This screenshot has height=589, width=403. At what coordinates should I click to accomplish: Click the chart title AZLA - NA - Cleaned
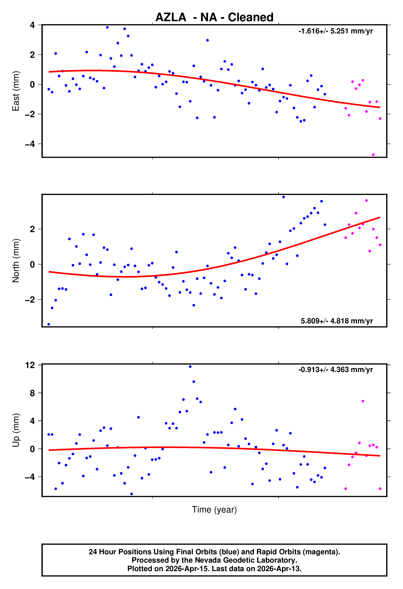point(214,17)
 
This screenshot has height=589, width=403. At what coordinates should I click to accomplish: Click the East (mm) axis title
point(16,91)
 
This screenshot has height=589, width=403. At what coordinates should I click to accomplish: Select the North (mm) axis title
point(16,261)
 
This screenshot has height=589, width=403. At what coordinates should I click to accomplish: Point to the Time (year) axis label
point(214,509)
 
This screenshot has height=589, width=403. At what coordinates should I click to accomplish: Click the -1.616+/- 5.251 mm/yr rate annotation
point(336,31)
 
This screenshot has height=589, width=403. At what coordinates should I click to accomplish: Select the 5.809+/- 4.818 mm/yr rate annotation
point(337,321)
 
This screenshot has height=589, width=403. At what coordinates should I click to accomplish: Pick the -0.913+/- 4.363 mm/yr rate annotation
point(336,370)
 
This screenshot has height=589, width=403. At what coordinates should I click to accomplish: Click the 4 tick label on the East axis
point(32,25)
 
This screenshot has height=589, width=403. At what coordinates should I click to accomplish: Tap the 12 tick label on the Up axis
point(30,365)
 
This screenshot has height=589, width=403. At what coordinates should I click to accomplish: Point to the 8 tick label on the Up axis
point(32,393)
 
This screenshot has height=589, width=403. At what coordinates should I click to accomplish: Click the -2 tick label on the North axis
point(30,299)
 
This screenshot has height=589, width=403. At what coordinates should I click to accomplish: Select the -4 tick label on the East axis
point(30,144)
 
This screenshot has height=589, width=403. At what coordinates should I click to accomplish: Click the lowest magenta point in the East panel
point(373,155)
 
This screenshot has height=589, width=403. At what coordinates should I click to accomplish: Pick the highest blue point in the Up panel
point(190,366)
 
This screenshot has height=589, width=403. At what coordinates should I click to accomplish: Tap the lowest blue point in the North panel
point(49,324)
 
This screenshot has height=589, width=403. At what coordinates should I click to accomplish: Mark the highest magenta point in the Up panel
point(363,401)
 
